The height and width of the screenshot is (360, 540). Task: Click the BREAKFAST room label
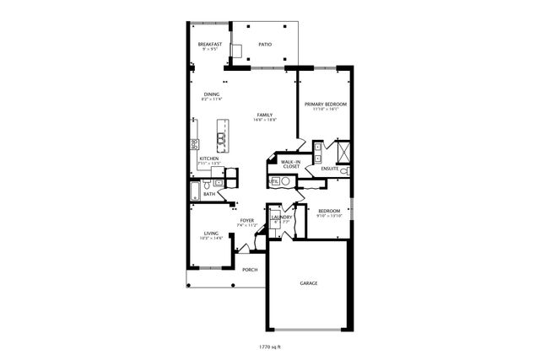click(209, 44)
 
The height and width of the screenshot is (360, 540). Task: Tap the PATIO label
click(265, 44)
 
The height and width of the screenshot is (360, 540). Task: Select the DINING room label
click(210, 94)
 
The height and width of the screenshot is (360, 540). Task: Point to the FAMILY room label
click(265, 115)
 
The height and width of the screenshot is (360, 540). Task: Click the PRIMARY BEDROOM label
click(325, 104)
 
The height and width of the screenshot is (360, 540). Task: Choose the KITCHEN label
click(209, 158)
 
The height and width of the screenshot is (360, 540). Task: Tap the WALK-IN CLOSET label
click(291, 164)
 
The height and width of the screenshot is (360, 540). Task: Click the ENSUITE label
click(329, 169)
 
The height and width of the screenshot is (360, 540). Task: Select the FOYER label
click(246, 221)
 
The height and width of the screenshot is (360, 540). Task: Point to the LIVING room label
click(210, 234)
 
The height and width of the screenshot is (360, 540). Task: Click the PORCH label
click(250, 270)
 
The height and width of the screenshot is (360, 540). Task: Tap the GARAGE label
click(309, 283)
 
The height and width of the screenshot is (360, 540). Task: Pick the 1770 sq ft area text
click(270, 346)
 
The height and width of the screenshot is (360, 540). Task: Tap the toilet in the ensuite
click(343, 171)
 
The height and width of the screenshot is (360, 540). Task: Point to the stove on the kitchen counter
click(194, 144)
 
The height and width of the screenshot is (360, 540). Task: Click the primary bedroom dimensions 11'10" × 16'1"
click(325, 110)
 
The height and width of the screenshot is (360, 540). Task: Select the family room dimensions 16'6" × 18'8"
click(265, 121)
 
